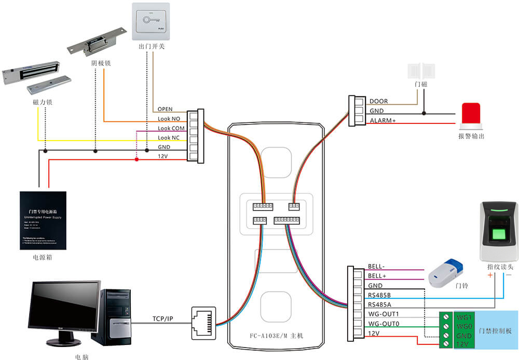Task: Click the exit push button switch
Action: coord(150,21)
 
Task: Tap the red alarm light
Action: coord(471,115)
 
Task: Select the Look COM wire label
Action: coord(171,128)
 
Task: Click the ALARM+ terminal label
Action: coord(383,121)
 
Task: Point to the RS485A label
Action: coord(380,304)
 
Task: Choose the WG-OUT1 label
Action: coord(383,314)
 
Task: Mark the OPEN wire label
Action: coord(165,109)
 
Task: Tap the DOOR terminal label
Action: coord(378,102)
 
